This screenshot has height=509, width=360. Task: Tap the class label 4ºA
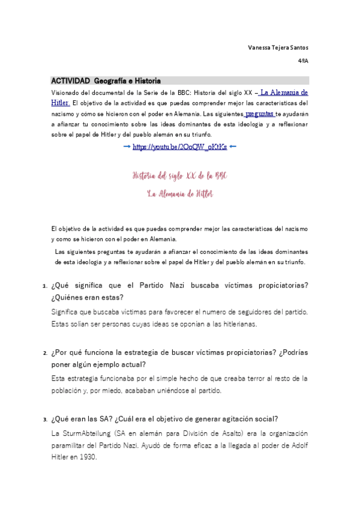click(x=303, y=61)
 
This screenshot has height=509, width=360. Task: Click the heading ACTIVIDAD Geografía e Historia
click(x=106, y=80)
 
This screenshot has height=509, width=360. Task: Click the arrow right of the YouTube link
click(x=233, y=146)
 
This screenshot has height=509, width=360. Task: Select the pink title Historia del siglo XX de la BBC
click(x=179, y=176)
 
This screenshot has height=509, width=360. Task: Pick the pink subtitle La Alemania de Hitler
click(x=179, y=194)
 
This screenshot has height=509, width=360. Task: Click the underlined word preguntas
click(x=259, y=113)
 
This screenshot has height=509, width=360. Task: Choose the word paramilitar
click(x=73, y=445)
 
